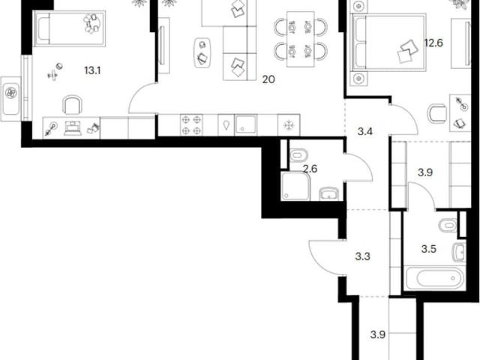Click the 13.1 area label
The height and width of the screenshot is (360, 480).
[92, 71]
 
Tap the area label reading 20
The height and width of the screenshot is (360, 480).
[268, 79]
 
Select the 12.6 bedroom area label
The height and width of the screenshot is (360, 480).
[433, 43]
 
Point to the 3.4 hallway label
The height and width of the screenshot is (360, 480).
[365, 132]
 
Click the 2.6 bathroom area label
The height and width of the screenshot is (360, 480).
[310, 168]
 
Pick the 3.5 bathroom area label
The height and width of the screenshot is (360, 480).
[428, 249]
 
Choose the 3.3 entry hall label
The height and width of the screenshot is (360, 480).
[363, 256]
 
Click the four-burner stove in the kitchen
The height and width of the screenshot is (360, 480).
[191, 125]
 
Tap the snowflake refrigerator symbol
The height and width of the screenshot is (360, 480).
[288, 125]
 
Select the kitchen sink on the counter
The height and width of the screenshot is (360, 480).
[245, 125]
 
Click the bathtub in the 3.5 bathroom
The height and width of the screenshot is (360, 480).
[435, 278]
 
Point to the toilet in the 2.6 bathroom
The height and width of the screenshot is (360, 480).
[298, 155]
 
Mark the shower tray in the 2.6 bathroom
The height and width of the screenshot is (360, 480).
[296, 186]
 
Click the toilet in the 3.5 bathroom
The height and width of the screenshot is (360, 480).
[448, 225]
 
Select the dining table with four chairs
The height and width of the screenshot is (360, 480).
[301, 39]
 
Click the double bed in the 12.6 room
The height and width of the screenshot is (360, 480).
[389, 42]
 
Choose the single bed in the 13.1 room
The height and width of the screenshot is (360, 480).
[70, 28]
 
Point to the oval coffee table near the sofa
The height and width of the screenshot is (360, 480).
[202, 53]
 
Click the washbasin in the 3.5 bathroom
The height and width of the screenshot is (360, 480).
[459, 253]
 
